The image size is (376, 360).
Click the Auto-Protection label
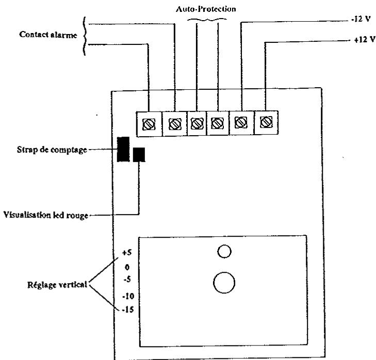(206, 9)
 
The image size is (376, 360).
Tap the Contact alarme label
(48, 35)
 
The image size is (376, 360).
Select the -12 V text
(361, 19)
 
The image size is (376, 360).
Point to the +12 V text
(365, 39)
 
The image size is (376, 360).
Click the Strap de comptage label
(52, 150)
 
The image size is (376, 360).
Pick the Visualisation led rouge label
(46, 215)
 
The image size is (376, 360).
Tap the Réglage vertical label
(57, 285)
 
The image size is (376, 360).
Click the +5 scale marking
(126, 252)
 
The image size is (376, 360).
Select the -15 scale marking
(128, 309)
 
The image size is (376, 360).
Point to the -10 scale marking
(128, 296)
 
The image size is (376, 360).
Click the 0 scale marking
(127, 267)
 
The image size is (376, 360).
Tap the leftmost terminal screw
(149, 124)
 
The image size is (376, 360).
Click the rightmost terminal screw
(266, 122)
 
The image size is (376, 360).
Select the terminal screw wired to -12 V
(241, 122)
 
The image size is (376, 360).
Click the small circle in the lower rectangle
(224, 251)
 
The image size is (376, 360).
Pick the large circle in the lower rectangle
(224, 283)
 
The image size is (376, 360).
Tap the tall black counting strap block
(123, 149)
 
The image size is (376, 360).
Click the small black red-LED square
(139, 155)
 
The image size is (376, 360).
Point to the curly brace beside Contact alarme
(84, 36)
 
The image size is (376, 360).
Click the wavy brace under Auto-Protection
(207, 20)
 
